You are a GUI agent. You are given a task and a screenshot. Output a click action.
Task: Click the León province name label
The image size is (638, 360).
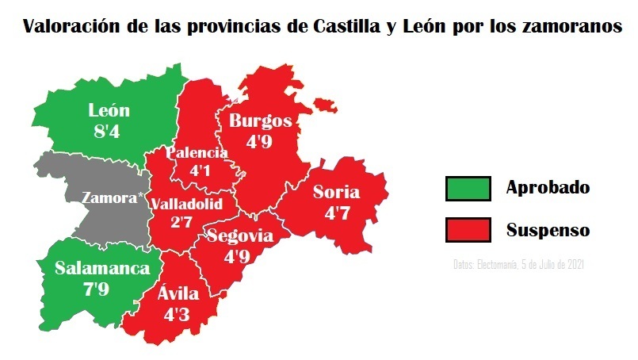click(109, 111)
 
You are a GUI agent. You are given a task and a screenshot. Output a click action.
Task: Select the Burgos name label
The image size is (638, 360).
click(260, 121)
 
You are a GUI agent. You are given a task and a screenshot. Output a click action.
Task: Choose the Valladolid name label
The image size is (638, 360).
click(186, 204)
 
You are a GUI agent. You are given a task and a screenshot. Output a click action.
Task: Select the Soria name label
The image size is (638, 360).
click(336, 192)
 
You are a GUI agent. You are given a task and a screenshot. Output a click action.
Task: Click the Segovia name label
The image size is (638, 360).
click(240, 236)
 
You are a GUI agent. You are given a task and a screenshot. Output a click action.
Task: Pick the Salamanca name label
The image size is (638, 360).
click(102, 268)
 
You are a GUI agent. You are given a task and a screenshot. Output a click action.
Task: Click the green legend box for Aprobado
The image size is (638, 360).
click(468, 189)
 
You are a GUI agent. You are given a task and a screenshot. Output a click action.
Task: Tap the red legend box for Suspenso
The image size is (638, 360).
click(468, 230)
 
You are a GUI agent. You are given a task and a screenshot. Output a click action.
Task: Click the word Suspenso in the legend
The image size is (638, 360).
click(548, 230)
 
